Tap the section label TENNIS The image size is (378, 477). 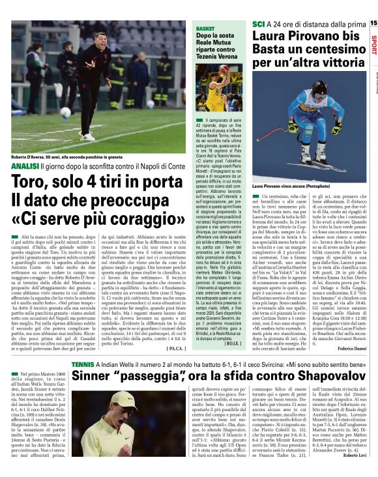pyautogui.click(x=83, y=363)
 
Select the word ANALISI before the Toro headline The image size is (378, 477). pyautogui.click(x=24, y=167)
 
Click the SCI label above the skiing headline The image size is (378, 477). pyautogui.click(x=258, y=24)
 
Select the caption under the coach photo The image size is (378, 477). pyautogui.click(x=65, y=157)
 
